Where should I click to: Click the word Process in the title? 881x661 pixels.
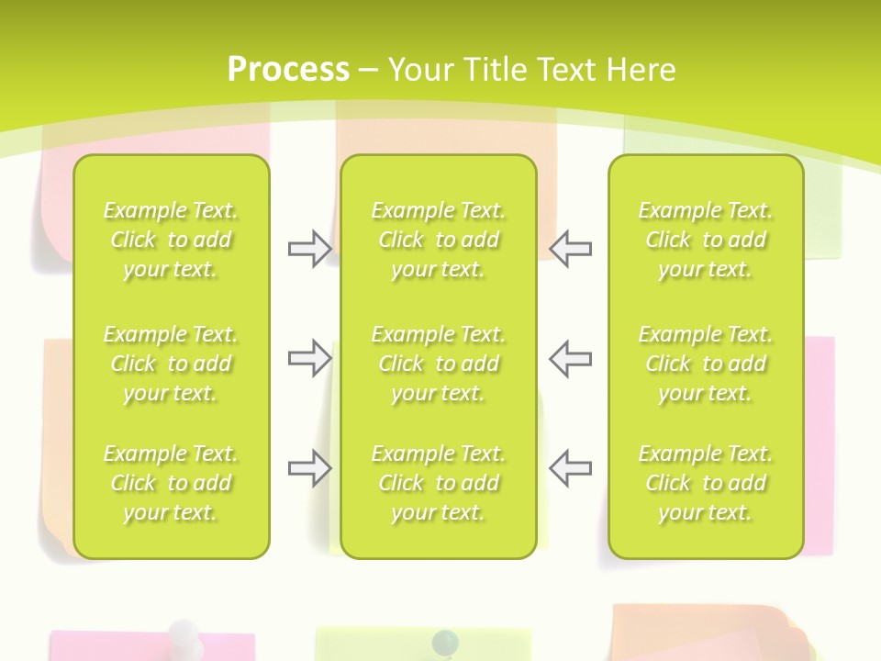click(x=287, y=70)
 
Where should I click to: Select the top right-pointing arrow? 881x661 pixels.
click(x=309, y=249)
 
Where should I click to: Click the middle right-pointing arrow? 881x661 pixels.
click(x=309, y=358)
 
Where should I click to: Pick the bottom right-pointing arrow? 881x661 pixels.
click(x=309, y=468)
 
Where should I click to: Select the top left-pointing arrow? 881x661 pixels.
click(x=571, y=249)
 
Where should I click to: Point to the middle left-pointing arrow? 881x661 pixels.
click(x=571, y=358)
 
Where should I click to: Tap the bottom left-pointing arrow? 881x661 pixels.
click(x=571, y=468)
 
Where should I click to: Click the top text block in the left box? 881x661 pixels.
click(x=171, y=240)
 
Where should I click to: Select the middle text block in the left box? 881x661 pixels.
click(x=171, y=364)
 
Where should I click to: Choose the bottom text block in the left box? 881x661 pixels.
click(x=171, y=483)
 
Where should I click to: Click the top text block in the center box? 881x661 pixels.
click(x=439, y=240)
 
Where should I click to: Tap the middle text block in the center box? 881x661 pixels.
click(x=439, y=364)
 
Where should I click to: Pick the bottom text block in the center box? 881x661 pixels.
click(x=439, y=483)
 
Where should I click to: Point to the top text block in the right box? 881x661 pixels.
click(x=706, y=240)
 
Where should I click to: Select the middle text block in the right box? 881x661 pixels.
click(x=706, y=364)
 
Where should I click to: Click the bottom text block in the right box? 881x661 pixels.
click(x=706, y=483)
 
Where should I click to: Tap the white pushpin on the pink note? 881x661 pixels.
click(x=184, y=633)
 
